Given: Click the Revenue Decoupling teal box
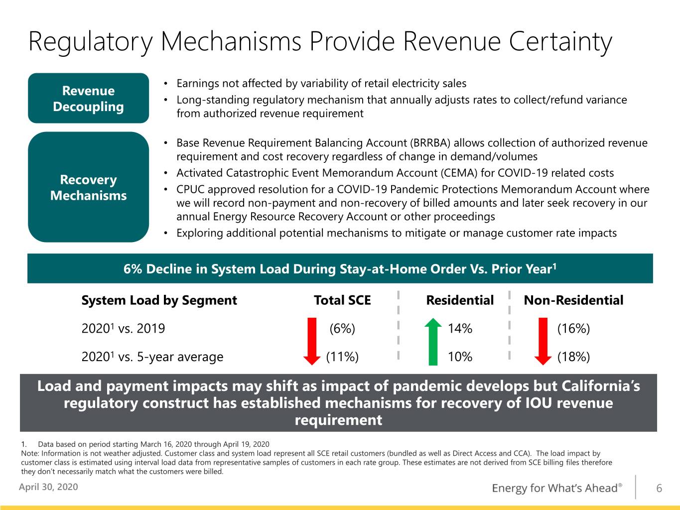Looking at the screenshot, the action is pos(88,98).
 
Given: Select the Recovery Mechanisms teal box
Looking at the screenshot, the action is pos(88,187).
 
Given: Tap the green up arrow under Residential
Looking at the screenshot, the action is pos(433,342).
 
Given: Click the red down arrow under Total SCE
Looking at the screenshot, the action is pos(312,342).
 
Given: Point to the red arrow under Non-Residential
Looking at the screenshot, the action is pos(543,342).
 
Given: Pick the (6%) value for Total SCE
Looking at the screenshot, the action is pos(342,328).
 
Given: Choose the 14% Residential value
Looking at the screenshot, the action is pos(460,328).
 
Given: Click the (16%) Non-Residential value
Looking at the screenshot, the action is pos(573,328).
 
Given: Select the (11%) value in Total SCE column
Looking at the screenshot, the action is pos(342,357).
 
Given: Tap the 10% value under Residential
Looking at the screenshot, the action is pos(460,357).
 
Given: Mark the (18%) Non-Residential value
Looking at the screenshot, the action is pos(573,357).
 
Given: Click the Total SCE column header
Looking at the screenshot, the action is pos(342,300).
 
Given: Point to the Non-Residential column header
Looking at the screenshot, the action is pos(573,300).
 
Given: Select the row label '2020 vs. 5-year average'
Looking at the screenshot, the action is pos(152,357).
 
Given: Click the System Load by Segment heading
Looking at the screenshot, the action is pos(159,300).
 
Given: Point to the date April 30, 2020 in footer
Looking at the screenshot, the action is pos(48,487).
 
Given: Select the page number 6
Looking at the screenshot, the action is pos(659,488).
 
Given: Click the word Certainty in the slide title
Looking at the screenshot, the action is pos(560,42).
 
